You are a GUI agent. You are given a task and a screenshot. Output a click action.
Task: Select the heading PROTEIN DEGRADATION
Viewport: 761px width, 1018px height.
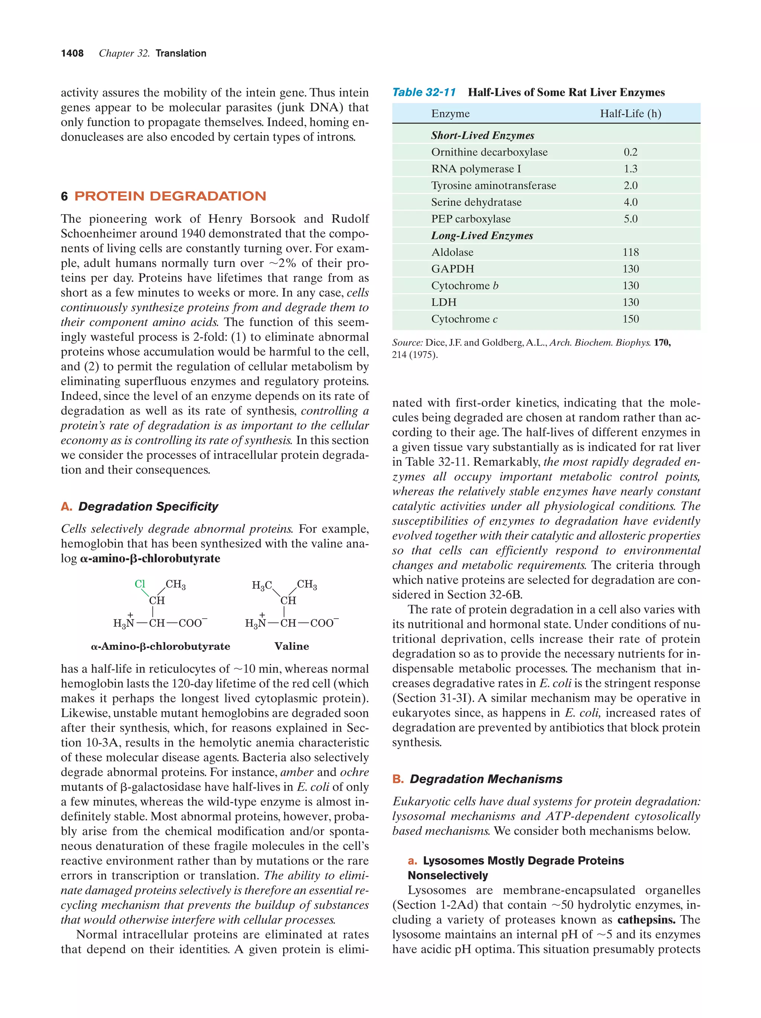[170, 196]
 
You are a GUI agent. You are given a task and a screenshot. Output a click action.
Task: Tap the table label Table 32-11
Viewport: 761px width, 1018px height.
[424, 92]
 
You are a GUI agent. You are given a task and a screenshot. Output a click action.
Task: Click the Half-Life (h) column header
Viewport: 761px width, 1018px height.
[630, 114]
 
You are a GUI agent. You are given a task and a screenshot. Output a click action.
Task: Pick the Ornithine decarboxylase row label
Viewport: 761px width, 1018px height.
[489, 152]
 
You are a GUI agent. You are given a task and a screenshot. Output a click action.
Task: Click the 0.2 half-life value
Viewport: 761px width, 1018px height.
[630, 152]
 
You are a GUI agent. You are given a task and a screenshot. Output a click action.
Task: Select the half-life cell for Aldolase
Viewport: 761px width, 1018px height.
[630, 252]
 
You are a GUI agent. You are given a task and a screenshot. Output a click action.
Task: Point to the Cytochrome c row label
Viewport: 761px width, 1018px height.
[464, 319]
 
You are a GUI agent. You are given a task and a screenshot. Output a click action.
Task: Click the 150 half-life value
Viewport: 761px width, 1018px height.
[630, 319]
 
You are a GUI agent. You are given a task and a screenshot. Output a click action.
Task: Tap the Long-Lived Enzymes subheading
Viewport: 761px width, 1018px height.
[482, 235]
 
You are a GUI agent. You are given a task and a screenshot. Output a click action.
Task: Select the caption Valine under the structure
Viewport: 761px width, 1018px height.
[291, 646]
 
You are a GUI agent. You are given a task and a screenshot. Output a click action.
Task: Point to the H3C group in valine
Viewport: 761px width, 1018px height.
[261, 585]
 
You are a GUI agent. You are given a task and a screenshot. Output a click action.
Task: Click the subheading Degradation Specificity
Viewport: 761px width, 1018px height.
[148, 506]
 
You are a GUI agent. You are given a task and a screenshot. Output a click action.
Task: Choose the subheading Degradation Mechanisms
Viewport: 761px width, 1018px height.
[486, 779]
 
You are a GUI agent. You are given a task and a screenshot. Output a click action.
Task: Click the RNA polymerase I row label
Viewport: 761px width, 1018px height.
[476, 169]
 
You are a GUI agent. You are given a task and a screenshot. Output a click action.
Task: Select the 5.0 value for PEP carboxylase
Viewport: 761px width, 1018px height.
[630, 219]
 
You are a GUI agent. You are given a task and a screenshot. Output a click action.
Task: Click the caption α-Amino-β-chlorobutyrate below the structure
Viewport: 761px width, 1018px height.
[160, 646]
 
